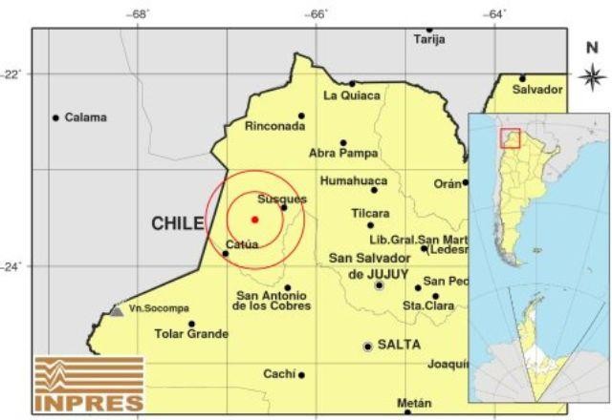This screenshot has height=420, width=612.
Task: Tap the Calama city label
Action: tap(86, 117)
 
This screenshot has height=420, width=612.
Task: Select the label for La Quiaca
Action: tap(351, 95)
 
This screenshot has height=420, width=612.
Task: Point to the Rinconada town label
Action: tap(275, 126)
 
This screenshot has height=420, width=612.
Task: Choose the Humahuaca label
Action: tap(354, 179)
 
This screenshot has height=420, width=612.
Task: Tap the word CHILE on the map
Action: tap(178, 223)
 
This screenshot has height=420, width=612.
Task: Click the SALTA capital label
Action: tap(400, 345)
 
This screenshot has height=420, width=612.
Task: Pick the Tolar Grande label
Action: tap(191, 334)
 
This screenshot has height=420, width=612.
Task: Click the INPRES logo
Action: tap(88, 386)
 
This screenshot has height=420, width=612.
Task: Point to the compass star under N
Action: tap(589, 74)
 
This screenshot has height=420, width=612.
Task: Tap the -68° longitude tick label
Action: tap(141, 13)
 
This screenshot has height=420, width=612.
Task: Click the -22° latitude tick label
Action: tap(15, 74)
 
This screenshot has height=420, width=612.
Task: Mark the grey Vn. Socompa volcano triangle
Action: tap(116, 310)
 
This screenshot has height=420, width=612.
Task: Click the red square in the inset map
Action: tap(510, 138)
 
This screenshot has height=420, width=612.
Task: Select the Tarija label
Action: tap(429, 40)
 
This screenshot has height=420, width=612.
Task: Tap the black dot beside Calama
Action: tap(55, 117)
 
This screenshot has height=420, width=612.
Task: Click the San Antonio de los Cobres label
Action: tap(273, 300)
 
